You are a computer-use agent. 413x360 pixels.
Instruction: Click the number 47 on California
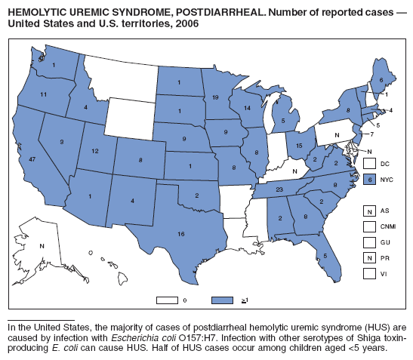click(x=32, y=160)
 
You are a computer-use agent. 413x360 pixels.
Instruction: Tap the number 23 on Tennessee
click(x=279, y=189)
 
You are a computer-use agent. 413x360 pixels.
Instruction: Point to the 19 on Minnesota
click(x=216, y=97)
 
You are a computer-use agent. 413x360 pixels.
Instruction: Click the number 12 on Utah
click(x=94, y=151)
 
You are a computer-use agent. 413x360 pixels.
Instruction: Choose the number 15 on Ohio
click(x=299, y=146)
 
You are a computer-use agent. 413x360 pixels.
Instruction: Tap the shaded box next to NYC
click(x=370, y=179)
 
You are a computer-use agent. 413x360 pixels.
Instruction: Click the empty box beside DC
click(x=370, y=163)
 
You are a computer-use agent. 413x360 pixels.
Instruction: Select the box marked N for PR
click(x=370, y=257)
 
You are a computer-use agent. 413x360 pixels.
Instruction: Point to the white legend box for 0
click(x=168, y=300)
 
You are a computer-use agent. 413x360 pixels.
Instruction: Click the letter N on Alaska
click(x=42, y=246)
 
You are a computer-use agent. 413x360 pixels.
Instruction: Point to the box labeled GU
click(x=370, y=242)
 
